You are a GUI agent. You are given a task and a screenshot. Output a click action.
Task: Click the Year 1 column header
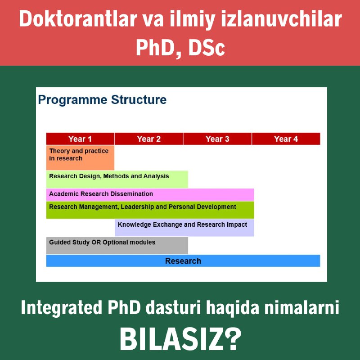point(80,139)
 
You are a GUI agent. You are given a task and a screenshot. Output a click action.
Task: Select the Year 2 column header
point(149,139)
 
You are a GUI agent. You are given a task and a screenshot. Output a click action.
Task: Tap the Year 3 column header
point(217,139)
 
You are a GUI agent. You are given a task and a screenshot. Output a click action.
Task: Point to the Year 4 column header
point(286,139)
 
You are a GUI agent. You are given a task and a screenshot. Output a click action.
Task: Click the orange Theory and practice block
point(80,158)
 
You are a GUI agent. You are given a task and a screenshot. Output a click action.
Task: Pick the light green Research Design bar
point(117,179)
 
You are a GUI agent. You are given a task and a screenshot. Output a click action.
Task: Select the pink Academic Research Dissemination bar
point(150,195)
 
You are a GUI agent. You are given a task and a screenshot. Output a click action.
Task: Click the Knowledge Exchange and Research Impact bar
point(184,228)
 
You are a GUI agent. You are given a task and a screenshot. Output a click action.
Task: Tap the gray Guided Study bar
point(117,245)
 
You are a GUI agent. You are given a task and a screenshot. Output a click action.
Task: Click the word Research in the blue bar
point(183,261)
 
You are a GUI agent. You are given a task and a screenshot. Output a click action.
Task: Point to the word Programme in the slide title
point(73,100)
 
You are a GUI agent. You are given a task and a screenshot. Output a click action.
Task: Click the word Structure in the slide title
point(139,99)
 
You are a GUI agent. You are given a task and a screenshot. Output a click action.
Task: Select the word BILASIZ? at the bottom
point(180,339)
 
